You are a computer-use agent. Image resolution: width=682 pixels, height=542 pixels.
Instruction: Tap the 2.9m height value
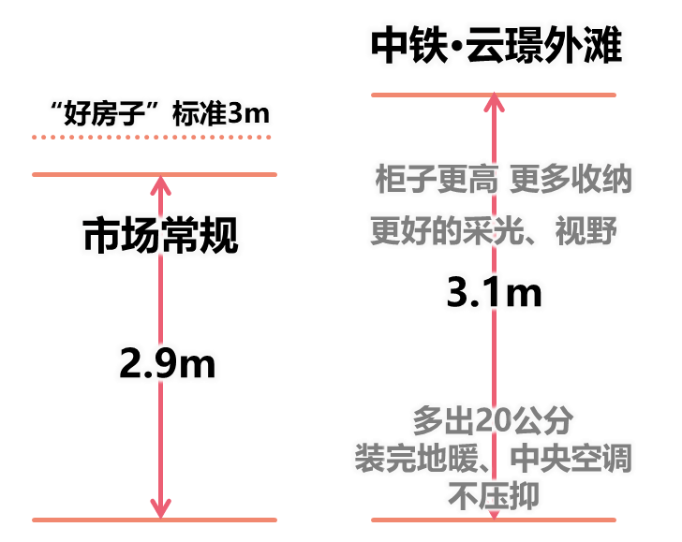click(x=168, y=362)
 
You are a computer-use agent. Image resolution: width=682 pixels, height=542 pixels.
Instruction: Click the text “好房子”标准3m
click(x=160, y=114)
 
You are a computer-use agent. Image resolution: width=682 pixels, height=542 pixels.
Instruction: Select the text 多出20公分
click(x=494, y=417)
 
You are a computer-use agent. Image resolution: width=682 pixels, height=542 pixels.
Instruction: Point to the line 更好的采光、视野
click(x=495, y=228)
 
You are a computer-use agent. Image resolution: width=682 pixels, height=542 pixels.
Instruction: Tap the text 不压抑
click(x=494, y=496)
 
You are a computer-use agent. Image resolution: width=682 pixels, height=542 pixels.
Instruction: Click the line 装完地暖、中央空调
click(x=494, y=458)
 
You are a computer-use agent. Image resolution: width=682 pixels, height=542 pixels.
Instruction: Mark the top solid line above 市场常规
click(x=155, y=174)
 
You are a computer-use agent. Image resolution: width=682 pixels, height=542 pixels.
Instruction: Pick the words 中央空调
click(x=571, y=458)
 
